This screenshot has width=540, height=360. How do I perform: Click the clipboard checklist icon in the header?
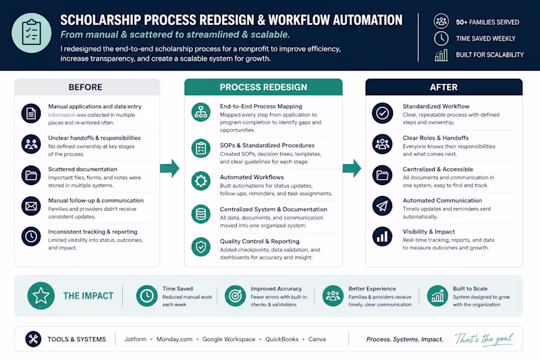pos(31,33)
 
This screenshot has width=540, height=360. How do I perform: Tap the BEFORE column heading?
pos(86,87)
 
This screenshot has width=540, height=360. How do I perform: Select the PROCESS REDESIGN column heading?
pos(263,87)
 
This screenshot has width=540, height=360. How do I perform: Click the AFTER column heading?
pos(443,87)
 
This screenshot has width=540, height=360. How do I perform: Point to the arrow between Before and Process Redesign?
pos(170,168)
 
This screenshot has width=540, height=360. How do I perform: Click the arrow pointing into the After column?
pos(352,168)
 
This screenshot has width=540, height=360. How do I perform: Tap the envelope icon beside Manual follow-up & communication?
pos(31,206)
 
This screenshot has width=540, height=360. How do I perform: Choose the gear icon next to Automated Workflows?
pos(200,181)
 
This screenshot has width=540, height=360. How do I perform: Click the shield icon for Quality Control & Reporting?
pos(200,247)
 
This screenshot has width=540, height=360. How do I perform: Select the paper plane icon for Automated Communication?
pos(382,206)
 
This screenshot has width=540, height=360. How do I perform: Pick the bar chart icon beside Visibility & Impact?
pos(382,236)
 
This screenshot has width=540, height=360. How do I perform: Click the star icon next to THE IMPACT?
pos(41,296)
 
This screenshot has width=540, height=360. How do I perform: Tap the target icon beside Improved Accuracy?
pos(236,296)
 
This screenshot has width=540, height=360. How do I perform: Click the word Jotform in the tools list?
pos(136,339)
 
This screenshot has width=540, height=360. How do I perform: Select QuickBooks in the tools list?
pos(281,339)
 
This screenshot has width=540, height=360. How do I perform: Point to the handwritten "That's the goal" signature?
pos(484,339)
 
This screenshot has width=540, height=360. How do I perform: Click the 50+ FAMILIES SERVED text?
pos(487,22)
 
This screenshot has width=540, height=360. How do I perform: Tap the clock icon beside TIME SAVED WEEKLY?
pos(441,38)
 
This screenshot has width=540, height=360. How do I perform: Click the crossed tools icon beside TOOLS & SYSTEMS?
pos(33,339)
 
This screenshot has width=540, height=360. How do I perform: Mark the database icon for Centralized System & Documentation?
pos(200,214)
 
